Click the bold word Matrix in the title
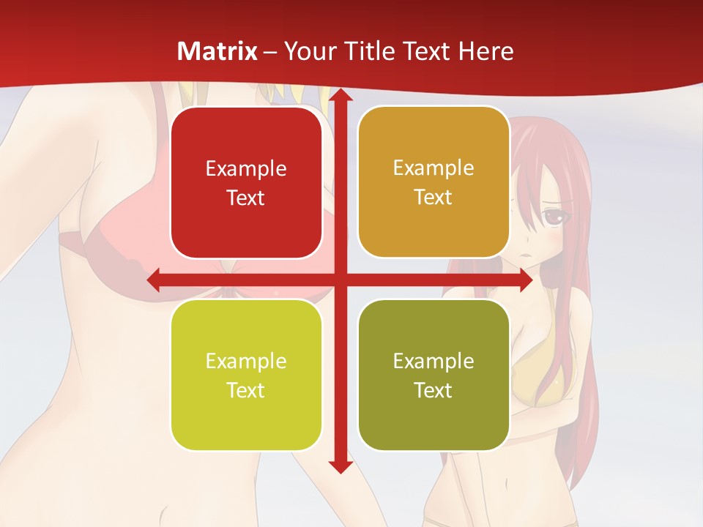click(217, 51)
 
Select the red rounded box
click(246, 182)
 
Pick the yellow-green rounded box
click(246, 375)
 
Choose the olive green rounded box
click(434, 375)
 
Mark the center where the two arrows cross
click(340, 280)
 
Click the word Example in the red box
click(246, 169)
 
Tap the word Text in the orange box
click(434, 198)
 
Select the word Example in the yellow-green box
click(246, 362)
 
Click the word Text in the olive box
click(434, 390)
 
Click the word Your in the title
click(307, 51)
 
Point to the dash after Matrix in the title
click(270, 52)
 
